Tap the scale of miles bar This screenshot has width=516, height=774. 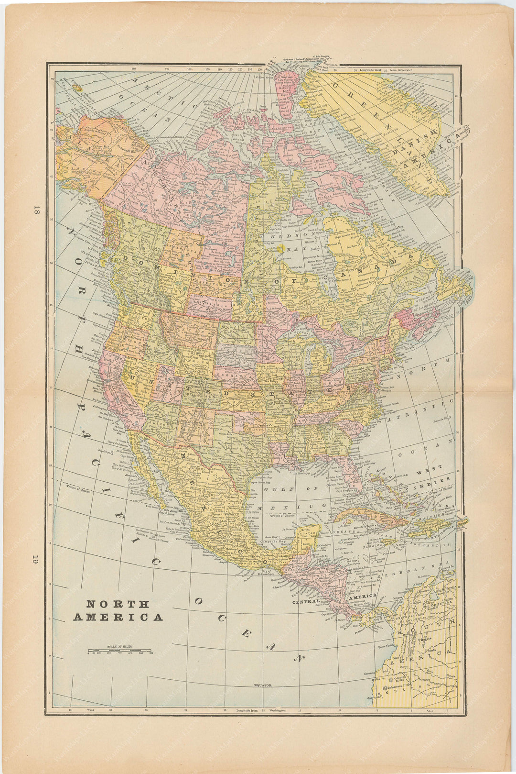click(x=119, y=651)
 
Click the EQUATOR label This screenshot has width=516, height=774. click(x=262, y=686)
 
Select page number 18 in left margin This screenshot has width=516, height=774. click(x=36, y=210)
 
